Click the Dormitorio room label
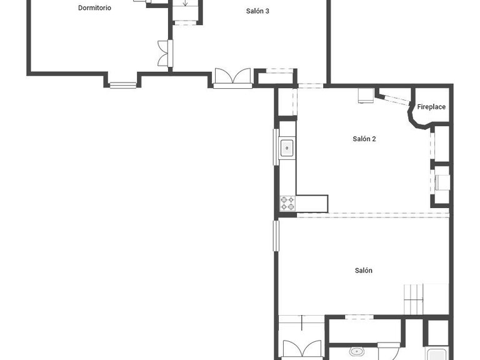(x=94, y=8)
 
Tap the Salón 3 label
(x=257, y=11)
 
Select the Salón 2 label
(x=364, y=139)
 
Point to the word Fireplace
(x=431, y=107)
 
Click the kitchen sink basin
(x=287, y=148)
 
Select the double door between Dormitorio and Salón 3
(x=165, y=53)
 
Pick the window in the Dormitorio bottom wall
(x=123, y=85)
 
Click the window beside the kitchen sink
(x=276, y=147)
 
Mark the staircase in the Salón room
(x=414, y=299)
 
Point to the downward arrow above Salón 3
(x=185, y=2)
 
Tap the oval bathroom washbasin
(x=356, y=351)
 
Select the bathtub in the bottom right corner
(x=437, y=354)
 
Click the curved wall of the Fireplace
(x=416, y=117)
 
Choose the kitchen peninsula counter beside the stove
(x=312, y=204)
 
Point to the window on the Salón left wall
(x=276, y=236)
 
